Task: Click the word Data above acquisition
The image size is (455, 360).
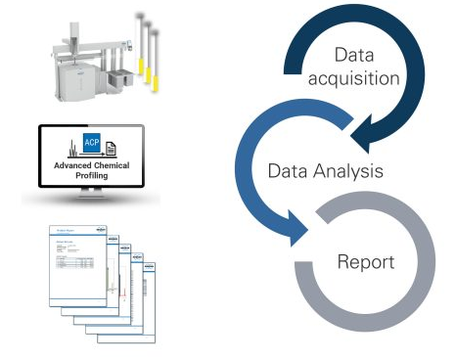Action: point(355,55)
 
